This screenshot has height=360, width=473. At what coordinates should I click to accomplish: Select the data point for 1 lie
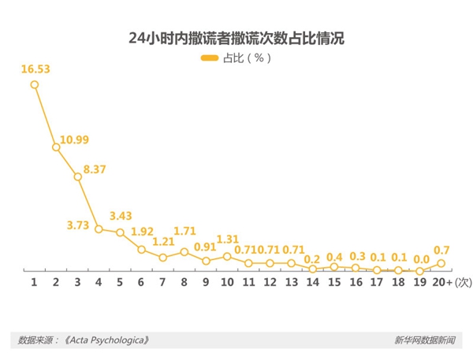35,84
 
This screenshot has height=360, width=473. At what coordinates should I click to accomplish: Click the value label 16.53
36,69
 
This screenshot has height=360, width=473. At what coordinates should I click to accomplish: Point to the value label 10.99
74,139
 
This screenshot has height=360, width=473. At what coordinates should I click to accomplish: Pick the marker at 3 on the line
77,176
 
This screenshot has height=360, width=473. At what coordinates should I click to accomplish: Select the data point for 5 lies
120,232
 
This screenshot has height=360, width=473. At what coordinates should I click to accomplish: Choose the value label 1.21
163,242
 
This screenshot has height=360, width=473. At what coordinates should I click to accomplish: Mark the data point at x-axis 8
184,251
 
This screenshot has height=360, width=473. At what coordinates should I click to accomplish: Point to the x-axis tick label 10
227,281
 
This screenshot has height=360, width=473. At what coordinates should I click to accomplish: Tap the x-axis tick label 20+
442,281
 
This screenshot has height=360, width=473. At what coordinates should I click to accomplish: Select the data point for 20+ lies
441,263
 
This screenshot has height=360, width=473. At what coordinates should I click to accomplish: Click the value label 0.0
421,258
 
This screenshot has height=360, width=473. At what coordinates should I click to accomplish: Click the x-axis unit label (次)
463,281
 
